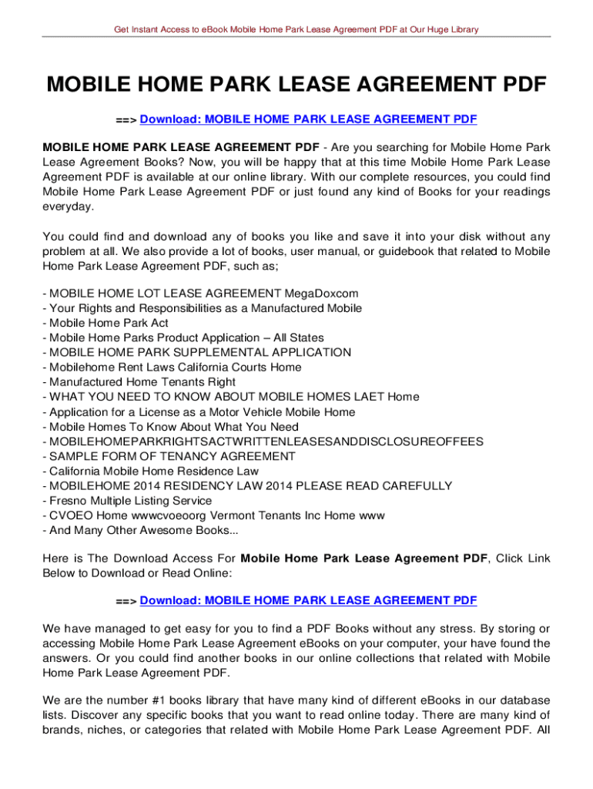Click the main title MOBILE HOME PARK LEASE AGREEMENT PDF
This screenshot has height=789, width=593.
pos(296,84)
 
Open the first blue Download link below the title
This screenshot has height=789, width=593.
pos(308,119)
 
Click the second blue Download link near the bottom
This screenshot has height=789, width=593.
pos(308,600)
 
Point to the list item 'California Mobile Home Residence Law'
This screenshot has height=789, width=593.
pos(151,471)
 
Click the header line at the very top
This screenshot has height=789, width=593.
pos(296,29)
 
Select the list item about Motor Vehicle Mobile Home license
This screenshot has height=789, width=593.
pos(199,412)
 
